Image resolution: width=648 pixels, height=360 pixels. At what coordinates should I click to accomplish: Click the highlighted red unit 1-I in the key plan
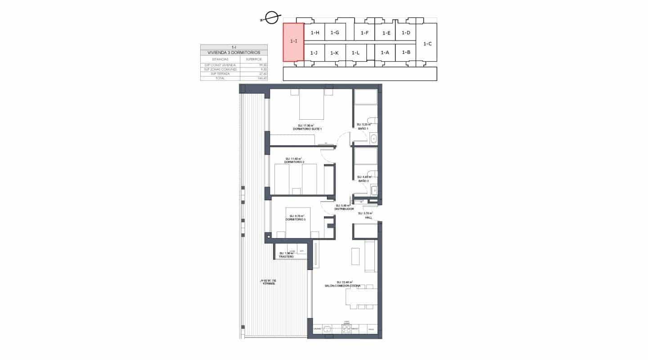click(293, 42)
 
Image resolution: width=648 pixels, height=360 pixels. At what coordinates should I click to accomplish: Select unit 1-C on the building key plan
click(427, 44)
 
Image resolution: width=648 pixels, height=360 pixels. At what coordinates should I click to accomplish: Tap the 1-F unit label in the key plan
click(364, 33)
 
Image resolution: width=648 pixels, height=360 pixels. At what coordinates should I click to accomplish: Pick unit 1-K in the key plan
click(334, 53)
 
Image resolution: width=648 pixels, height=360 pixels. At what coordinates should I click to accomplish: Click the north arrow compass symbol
click(271, 18)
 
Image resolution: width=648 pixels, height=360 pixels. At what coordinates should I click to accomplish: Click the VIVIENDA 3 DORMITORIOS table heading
click(234, 53)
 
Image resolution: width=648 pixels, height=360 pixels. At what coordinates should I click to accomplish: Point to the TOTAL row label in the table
click(220, 78)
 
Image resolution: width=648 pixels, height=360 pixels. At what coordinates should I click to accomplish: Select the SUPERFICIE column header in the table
click(253, 59)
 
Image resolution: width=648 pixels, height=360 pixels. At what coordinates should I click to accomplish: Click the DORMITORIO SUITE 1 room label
click(307, 129)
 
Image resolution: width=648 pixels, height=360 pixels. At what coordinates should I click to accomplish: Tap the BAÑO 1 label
click(363, 129)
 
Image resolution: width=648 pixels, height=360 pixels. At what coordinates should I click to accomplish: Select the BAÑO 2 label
click(363, 181)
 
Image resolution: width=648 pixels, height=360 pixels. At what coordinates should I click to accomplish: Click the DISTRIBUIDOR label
click(344, 209)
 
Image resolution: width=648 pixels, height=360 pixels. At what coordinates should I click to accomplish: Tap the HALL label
click(369, 217)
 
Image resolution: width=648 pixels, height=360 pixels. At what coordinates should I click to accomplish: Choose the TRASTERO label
click(286, 257)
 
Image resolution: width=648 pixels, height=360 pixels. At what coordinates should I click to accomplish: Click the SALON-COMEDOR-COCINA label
click(342, 286)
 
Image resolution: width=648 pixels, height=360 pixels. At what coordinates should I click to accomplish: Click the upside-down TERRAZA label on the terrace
click(268, 282)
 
